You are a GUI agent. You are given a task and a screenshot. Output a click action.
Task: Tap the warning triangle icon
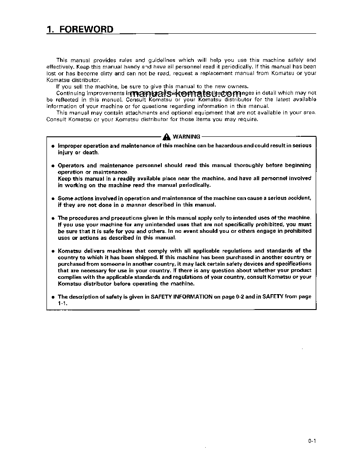pyautogui.click(x=167, y=137)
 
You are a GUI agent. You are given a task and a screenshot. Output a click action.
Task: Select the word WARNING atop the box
pyautogui.click(x=186, y=136)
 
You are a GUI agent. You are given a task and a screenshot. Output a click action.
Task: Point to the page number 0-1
pyautogui.click(x=312, y=442)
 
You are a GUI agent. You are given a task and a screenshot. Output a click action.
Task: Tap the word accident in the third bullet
pyautogui.click(x=300, y=198)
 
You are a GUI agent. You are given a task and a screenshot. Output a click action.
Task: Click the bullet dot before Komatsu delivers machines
pyautogui.click(x=53, y=251)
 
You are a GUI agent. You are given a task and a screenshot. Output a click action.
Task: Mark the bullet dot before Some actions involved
pyautogui.click(x=53, y=199)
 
